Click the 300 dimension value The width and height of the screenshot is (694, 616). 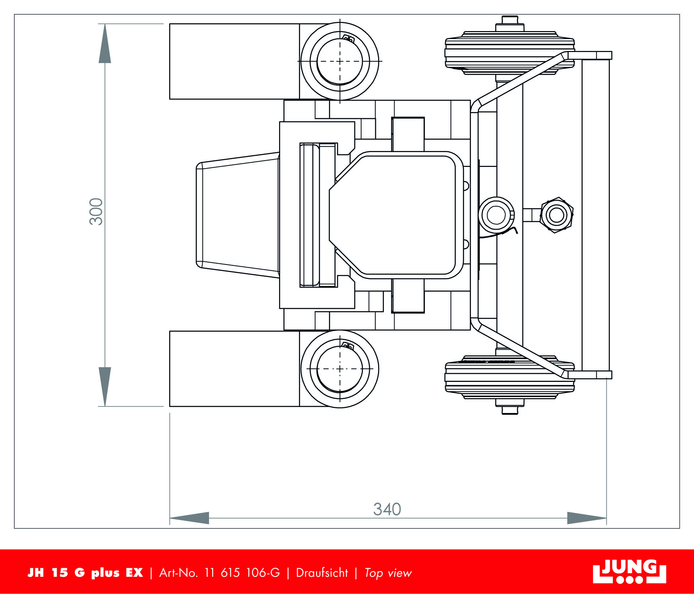click(x=97, y=212)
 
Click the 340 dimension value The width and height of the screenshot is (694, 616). click(x=387, y=509)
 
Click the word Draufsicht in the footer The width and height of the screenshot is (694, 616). click(x=322, y=573)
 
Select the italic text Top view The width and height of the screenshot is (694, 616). click(x=388, y=573)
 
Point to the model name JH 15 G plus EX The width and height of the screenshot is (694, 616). click(x=85, y=573)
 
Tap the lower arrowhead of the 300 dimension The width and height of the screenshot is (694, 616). click(x=105, y=387)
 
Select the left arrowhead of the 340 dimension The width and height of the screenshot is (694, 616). click(x=189, y=518)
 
